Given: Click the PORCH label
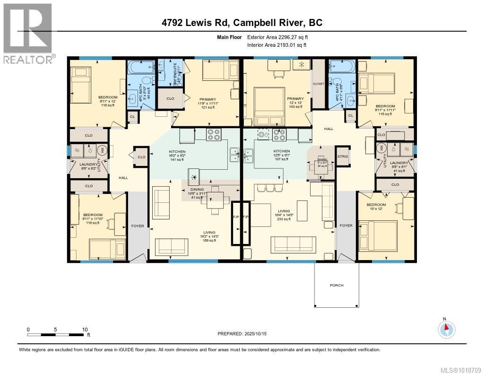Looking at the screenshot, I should point(337,285).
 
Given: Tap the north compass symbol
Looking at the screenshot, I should point(447,328).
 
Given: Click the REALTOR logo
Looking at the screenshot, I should point(28,34).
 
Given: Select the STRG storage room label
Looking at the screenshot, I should point(342,156).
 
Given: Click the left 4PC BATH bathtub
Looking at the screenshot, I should point(141,67).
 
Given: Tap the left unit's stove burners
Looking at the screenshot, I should point(213,135).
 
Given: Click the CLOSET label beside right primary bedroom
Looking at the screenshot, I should point(319,84).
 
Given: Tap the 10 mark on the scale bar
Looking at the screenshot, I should point(85,330).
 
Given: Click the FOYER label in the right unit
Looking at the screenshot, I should point(346,226).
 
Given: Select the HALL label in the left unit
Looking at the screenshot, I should point(123,177).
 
